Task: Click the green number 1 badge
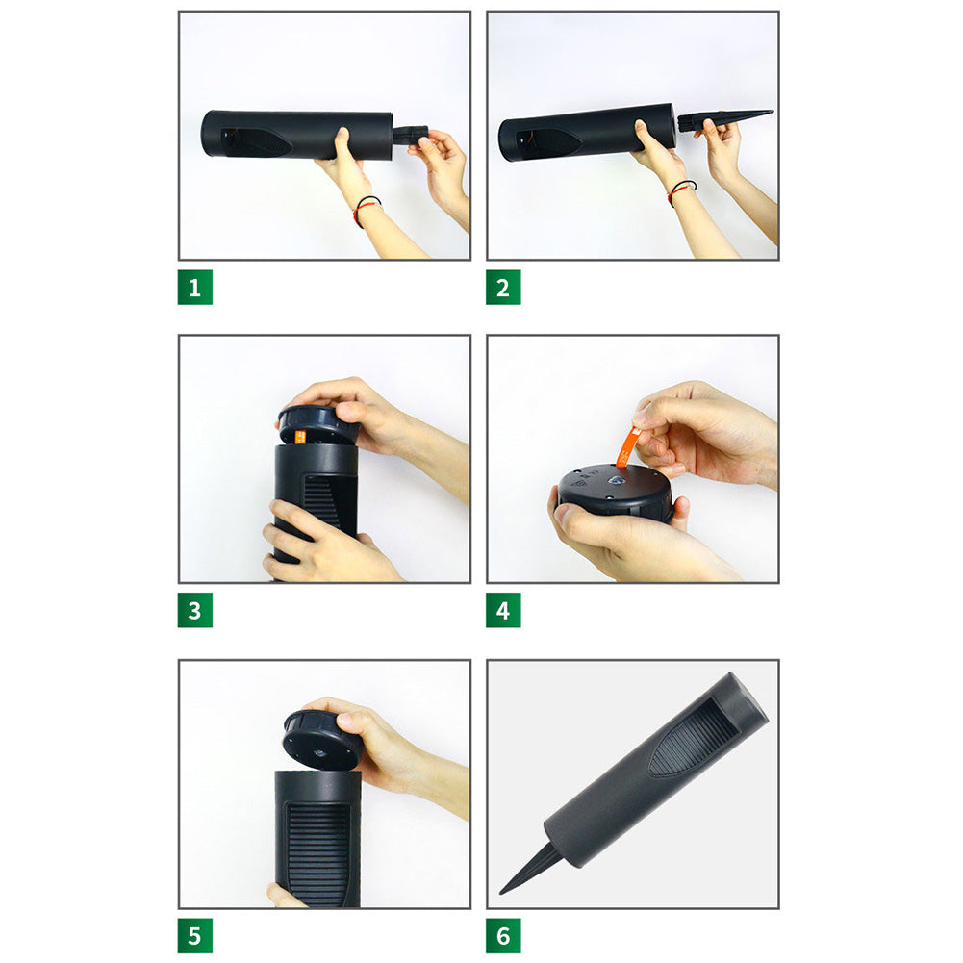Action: [194, 287]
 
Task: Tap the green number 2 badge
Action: [503, 287]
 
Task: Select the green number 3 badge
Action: [194, 610]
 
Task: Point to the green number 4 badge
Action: [503, 610]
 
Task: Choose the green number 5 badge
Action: [194, 935]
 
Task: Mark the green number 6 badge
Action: [503, 935]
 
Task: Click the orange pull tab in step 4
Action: [627, 448]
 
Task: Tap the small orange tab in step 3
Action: [300, 438]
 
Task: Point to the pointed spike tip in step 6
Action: [501, 892]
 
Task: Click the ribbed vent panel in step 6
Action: [694, 737]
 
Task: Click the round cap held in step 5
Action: [322, 740]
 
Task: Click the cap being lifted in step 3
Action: [318, 423]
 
